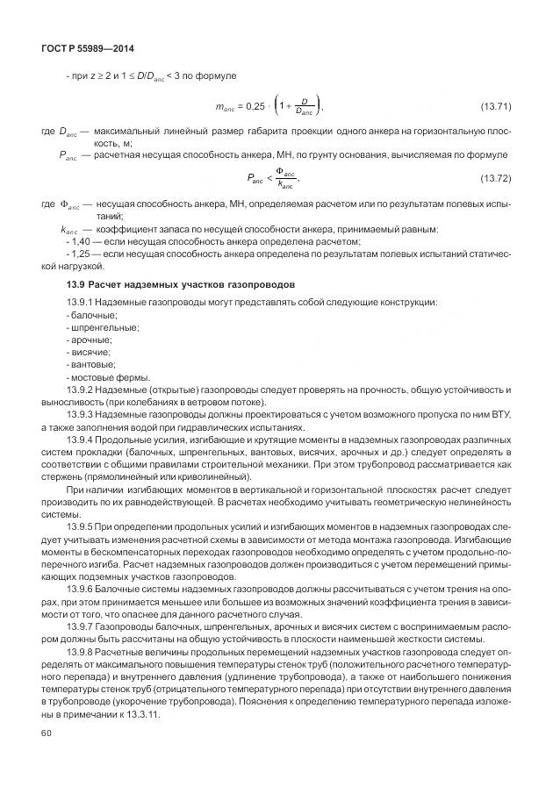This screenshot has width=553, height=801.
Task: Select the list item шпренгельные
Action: [x=103, y=327]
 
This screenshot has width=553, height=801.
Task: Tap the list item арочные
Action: [x=90, y=340]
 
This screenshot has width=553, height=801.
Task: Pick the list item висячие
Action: [x=90, y=352]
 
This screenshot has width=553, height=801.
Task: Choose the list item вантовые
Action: [x=92, y=364]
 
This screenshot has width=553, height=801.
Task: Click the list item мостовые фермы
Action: [x=100, y=376]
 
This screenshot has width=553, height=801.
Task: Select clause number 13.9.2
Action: [x=81, y=389]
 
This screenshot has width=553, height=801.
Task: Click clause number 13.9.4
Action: [x=81, y=438]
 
